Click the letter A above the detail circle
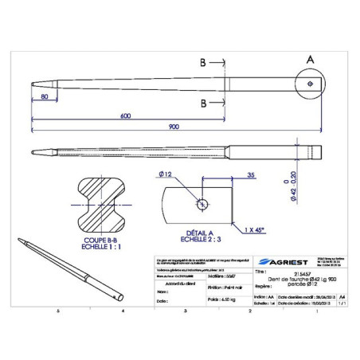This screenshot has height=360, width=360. (309, 59)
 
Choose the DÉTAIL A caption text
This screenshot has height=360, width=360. (195, 233)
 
